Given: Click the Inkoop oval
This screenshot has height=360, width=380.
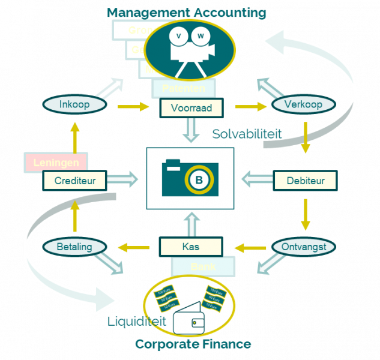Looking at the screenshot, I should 74,104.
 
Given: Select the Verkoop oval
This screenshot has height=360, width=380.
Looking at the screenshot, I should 303,104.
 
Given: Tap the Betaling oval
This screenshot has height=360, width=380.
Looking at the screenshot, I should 74,247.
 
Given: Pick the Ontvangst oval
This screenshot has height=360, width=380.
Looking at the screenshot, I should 303,247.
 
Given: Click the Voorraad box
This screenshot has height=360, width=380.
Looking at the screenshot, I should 191,108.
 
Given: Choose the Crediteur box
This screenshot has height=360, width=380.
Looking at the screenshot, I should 74,180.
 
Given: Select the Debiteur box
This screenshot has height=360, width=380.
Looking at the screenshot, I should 306,180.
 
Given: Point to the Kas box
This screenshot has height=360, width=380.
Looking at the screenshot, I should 190,246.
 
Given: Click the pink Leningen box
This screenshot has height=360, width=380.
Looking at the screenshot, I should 56,162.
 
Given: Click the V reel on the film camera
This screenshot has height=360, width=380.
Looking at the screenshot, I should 178,36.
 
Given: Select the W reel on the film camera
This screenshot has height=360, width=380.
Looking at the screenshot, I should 200,36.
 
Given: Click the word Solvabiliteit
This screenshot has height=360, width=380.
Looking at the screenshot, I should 246,134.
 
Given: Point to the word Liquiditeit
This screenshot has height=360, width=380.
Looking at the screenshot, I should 136,321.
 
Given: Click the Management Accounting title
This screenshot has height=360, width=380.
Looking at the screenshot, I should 186,13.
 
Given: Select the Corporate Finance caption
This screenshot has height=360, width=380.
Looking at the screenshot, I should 193,344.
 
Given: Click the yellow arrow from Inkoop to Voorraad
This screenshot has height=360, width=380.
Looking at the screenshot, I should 133,107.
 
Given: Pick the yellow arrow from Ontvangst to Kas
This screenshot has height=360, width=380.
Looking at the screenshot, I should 250,246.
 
